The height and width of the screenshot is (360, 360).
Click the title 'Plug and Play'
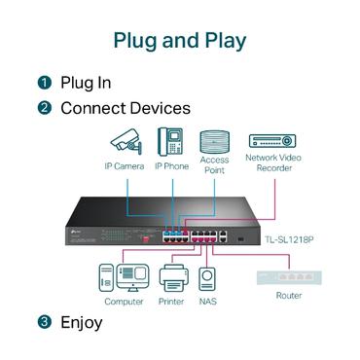pos(180,41)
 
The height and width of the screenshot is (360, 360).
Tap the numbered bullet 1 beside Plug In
pos(44,83)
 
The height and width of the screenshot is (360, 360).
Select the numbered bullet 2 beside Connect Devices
pos(44,108)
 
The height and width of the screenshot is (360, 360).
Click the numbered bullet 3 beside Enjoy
pos(44,321)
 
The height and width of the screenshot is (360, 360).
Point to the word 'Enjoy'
pos(82,321)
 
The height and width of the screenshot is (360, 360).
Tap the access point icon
pos(213,139)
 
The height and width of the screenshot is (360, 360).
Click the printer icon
pos(171,278)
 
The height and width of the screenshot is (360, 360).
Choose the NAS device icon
pos(207,280)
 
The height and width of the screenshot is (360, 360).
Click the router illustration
pos(288,276)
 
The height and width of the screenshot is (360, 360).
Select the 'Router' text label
pos(288,295)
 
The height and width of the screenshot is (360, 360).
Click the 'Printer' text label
pos(171,302)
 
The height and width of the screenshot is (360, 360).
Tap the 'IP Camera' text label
pos(125,165)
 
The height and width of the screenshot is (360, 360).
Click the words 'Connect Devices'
pos(126,108)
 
